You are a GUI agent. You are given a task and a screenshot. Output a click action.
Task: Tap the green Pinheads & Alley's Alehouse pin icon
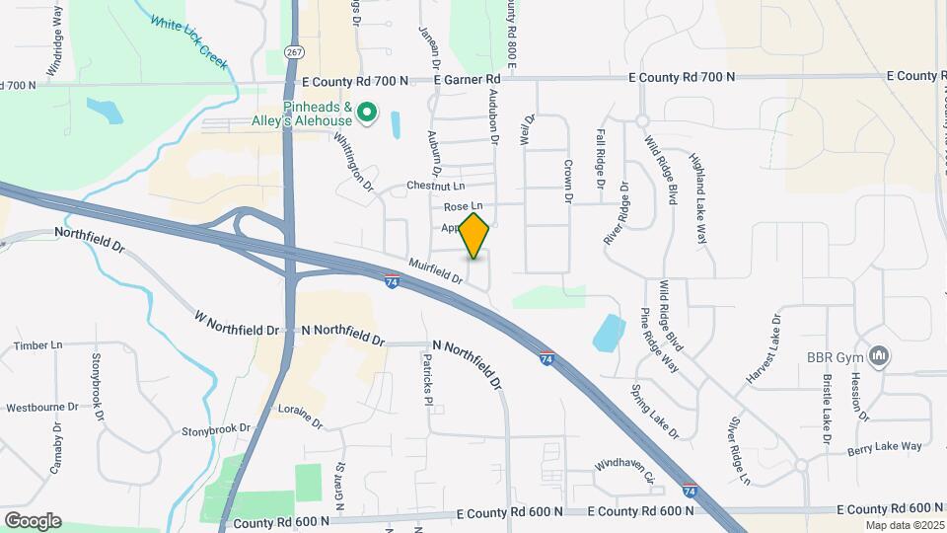click(367, 114)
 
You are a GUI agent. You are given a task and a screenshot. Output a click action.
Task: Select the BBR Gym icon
click(882, 355)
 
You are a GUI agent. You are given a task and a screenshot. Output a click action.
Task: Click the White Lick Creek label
click(187, 40)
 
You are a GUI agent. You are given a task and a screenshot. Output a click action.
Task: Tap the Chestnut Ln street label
click(435, 186)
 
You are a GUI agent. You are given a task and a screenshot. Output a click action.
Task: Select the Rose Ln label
click(463, 206)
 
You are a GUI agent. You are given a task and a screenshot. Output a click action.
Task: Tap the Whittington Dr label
click(354, 162)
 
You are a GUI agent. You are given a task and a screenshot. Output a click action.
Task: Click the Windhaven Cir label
click(625, 470)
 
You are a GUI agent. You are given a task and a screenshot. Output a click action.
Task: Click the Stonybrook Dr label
click(216, 431)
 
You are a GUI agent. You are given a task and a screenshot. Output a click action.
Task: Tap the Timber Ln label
click(38, 345)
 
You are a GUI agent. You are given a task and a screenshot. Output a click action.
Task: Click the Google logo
click(33, 520)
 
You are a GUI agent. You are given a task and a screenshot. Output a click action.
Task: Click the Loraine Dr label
click(300, 417)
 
